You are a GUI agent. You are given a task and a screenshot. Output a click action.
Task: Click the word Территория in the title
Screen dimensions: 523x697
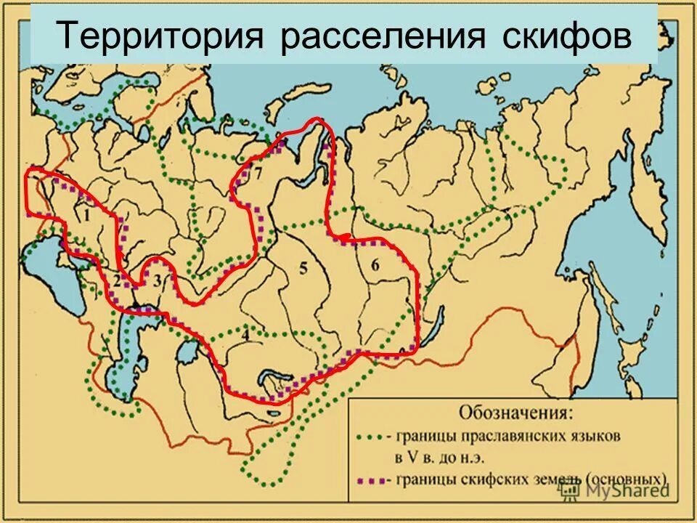click(x=158, y=36)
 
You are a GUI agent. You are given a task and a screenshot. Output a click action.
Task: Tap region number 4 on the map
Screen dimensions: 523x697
click(x=245, y=335)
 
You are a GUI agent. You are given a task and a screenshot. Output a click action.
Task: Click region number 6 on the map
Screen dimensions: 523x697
click(x=375, y=265)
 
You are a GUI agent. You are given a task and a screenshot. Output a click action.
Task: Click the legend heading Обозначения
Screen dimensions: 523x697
click(x=515, y=413)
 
